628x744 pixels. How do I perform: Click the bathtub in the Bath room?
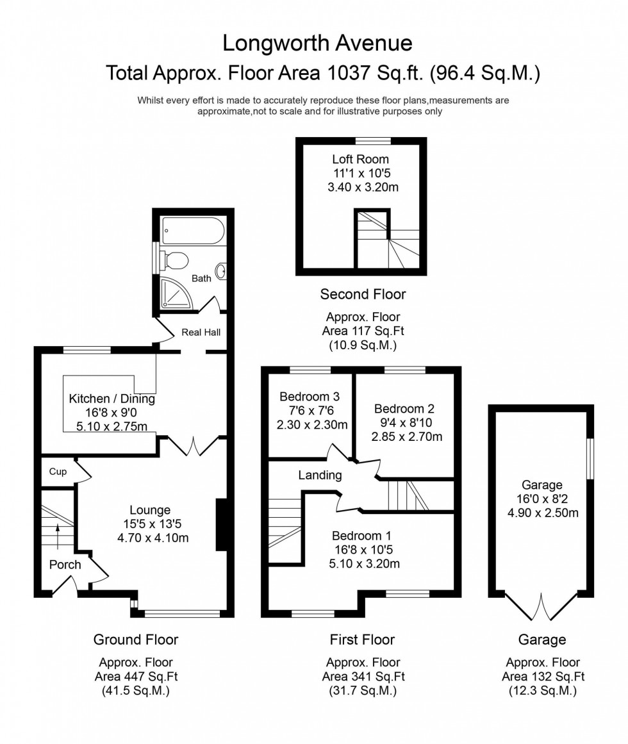190,229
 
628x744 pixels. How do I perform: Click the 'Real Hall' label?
201,332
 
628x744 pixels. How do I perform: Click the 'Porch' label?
65,565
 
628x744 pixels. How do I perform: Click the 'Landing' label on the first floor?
320,475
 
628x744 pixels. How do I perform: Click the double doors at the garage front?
542,607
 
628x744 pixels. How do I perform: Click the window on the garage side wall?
590,458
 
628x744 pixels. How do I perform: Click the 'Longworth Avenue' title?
317,43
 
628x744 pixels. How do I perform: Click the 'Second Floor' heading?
363,294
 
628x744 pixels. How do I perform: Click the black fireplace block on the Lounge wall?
221,525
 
